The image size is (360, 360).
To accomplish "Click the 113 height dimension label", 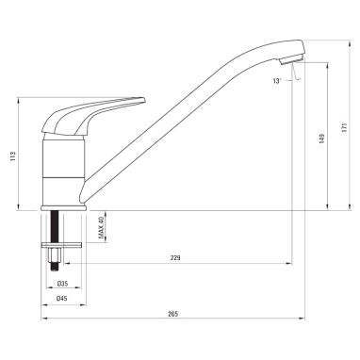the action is point(12,156).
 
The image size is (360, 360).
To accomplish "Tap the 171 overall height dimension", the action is point(344,127).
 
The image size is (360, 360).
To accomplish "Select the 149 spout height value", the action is point(322,139).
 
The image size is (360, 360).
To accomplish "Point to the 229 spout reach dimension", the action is point(175,258).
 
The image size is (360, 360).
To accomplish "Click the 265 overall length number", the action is point(172,314).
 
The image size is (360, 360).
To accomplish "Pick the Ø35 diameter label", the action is point(62,284).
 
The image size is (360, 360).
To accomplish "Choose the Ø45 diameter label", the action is point(62,299).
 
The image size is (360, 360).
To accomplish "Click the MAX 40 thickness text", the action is point(101,227).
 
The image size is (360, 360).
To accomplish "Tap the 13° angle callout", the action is point(277,81).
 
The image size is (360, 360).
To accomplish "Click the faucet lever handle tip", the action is point(144,100).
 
